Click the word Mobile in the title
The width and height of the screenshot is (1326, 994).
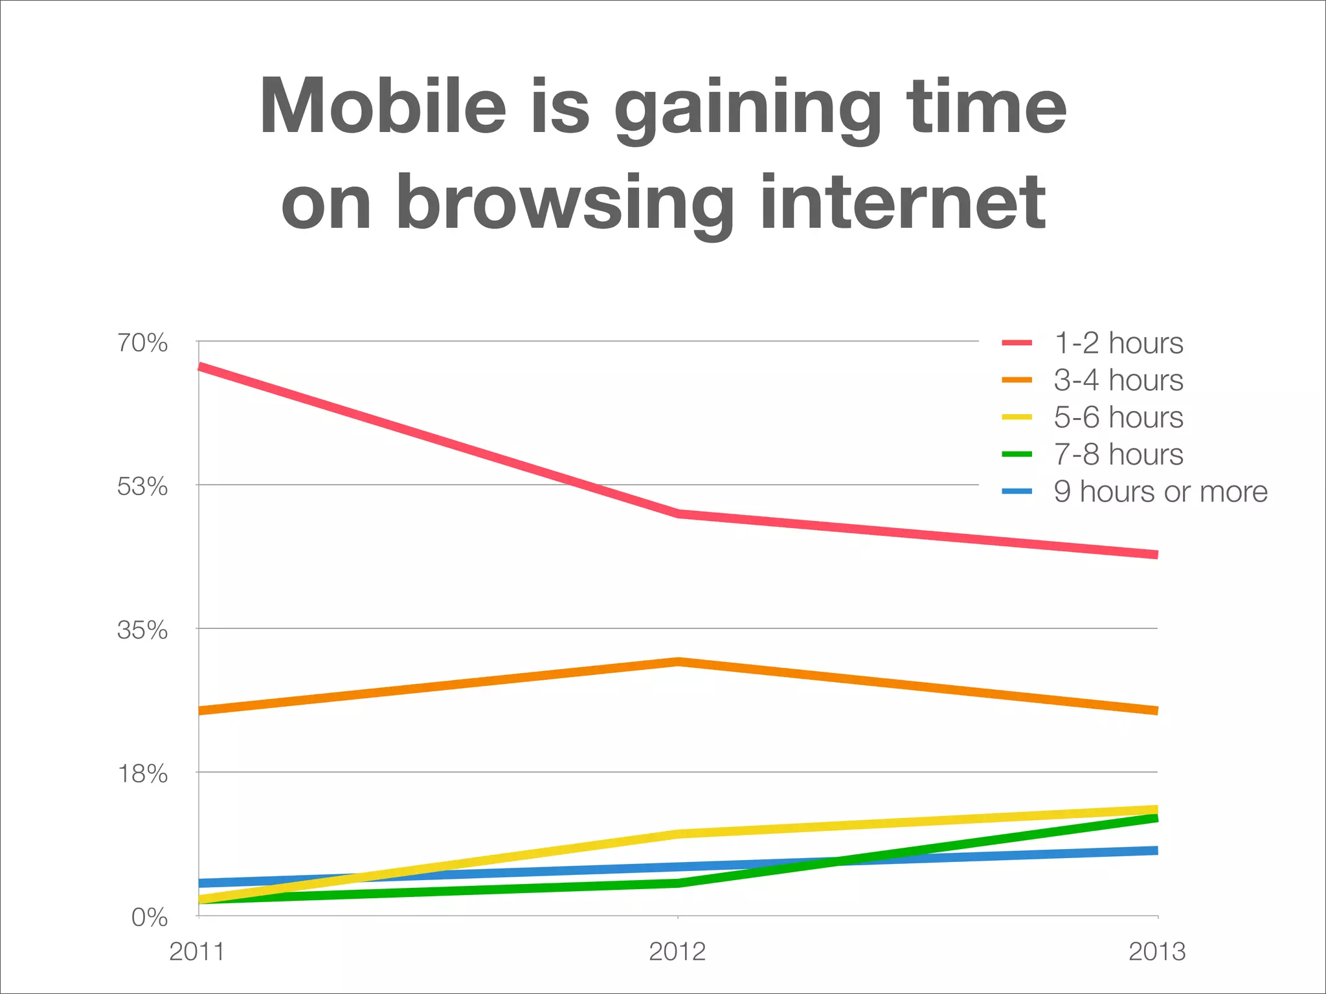click(382, 107)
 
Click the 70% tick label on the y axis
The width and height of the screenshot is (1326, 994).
click(142, 343)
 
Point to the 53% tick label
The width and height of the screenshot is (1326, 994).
click(142, 487)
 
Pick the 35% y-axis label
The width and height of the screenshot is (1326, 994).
click(142, 630)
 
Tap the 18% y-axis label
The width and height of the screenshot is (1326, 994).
click(142, 774)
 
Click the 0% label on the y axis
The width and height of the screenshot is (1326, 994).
click(149, 918)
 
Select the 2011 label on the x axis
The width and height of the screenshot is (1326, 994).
click(197, 952)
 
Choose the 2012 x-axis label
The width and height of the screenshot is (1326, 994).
click(677, 952)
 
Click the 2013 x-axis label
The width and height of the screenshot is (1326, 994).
click(1157, 952)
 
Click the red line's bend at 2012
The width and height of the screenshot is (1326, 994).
click(677, 514)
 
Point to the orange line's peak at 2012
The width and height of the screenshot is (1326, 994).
click(677, 661)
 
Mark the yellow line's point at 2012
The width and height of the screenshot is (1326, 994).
click(677, 834)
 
